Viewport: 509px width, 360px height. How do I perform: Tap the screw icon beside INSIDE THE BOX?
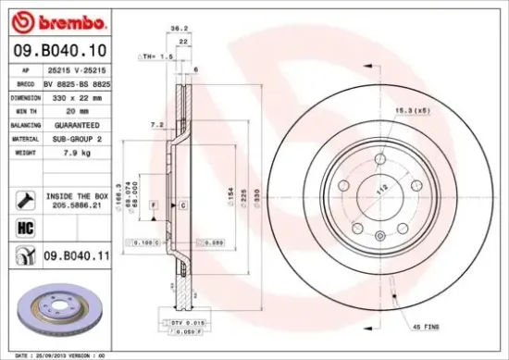tap(24, 197)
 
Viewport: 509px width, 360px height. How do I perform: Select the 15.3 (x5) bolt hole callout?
tap(411, 112)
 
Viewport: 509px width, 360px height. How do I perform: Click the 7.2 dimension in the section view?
tap(157, 123)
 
